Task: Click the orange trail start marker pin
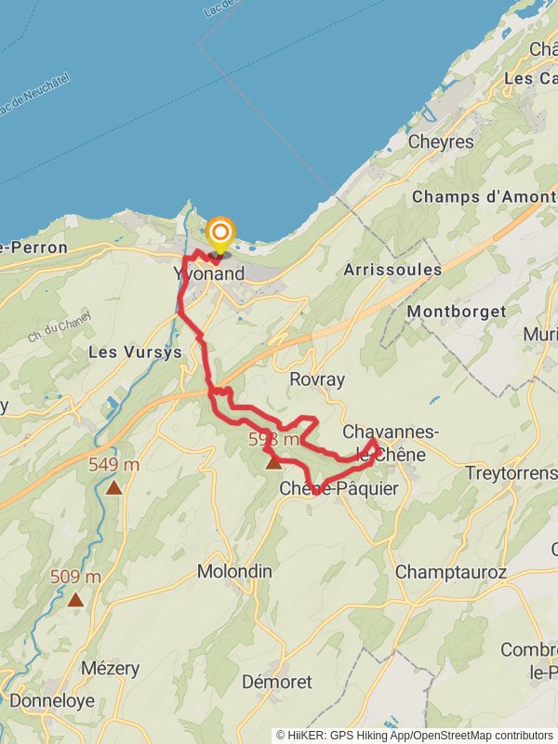point(220,233)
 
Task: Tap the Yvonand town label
point(209,273)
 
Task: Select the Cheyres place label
point(442,142)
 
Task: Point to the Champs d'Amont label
point(483,197)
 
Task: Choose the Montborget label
point(456,312)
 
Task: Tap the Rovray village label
point(317,379)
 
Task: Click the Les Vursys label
point(134,352)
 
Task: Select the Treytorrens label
point(511,473)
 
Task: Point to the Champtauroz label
point(451,571)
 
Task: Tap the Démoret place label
point(277,682)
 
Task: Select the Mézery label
point(110,669)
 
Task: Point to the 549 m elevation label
point(113,464)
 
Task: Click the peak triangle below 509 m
point(75,600)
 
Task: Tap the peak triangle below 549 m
point(113,486)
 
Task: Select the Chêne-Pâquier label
point(339,488)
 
